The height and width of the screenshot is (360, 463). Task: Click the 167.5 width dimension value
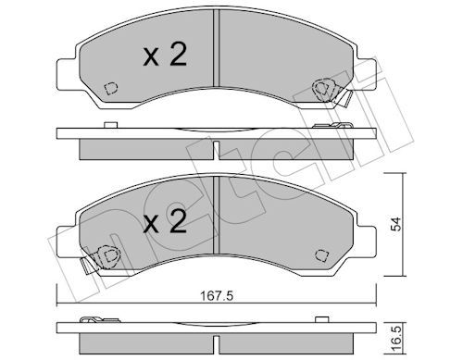[217, 296]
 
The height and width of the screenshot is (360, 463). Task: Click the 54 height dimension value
[396, 224]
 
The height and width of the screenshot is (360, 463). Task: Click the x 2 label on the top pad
[165, 55]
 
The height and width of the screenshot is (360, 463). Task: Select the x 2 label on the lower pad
[165, 221]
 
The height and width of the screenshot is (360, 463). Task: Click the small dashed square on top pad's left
[111, 88]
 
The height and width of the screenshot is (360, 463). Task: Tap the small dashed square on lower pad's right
[321, 255]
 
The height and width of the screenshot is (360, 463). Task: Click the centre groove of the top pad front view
[216, 48]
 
